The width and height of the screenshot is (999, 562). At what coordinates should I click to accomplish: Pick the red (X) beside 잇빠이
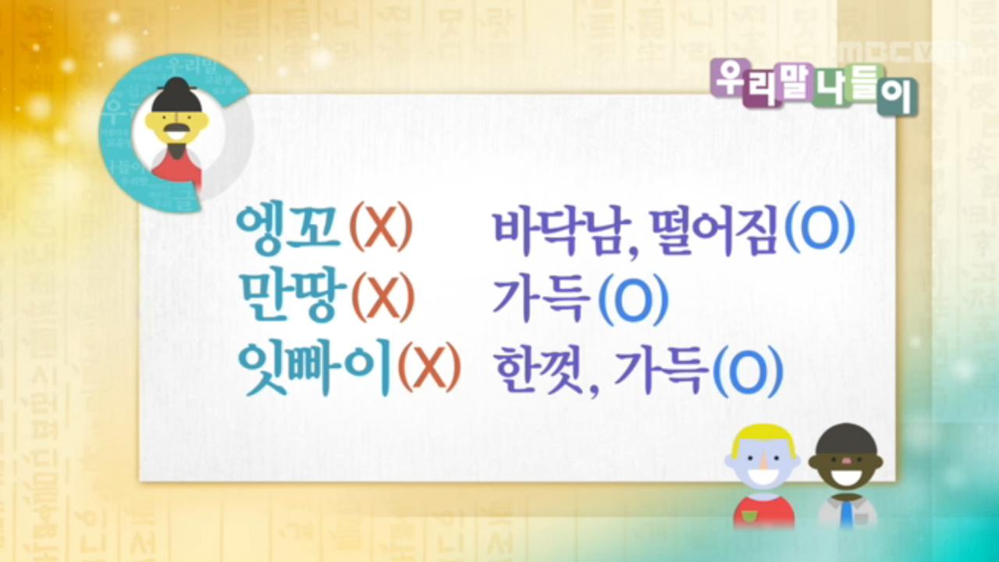pyautogui.click(x=428, y=368)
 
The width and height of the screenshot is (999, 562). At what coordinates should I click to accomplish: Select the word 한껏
pyautogui.click(x=542, y=368)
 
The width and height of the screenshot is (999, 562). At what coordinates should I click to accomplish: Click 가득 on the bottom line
pyautogui.click(x=663, y=368)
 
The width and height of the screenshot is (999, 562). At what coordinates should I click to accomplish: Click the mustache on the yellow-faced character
pyautogui.click(x=174, y=129)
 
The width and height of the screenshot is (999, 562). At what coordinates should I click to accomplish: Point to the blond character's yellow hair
pyautogui.click(x=762, y=438)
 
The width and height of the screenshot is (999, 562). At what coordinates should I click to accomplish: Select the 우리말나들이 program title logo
pyautogui.click(x=814, y=86)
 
